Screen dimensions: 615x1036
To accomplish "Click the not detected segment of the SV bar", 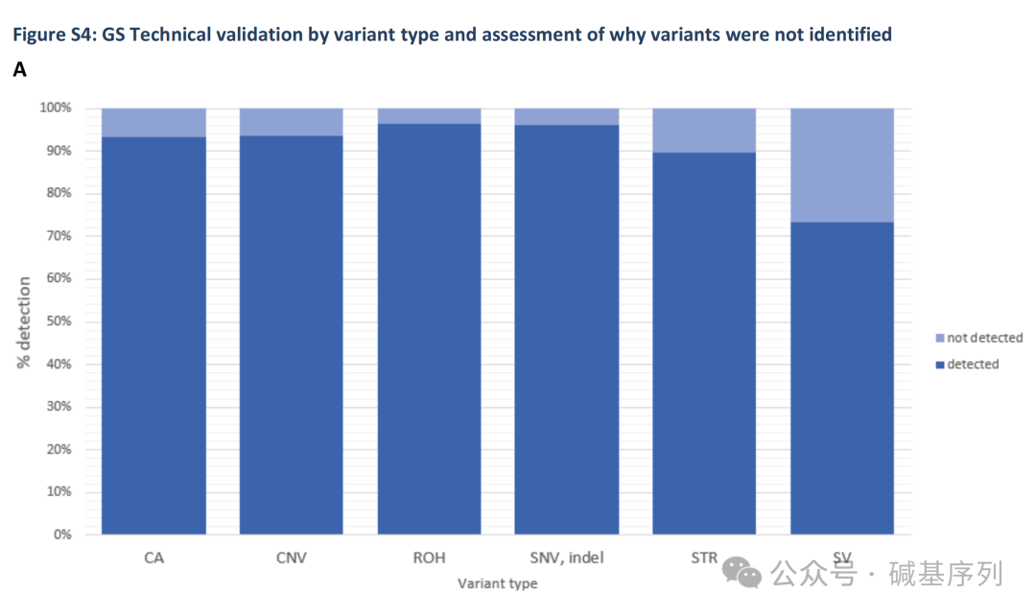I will pos(842,165).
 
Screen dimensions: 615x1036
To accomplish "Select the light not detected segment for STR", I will pos(704,130).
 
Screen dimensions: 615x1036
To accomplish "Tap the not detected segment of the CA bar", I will pos(153,123).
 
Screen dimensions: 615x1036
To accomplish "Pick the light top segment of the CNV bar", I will pos(292,122).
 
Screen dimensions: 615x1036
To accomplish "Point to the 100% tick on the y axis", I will pos(56,108).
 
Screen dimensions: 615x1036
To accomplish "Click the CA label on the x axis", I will pos(153,557).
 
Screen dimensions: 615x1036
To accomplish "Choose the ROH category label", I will pos(430,557).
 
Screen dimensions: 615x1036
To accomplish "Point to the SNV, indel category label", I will pos(567,557).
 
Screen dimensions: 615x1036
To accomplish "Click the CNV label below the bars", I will pos(292,557).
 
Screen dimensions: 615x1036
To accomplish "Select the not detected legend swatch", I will pos(940,339).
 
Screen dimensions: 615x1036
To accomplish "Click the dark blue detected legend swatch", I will pos(940,365).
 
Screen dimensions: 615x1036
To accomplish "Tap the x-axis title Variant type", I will pos(497,583).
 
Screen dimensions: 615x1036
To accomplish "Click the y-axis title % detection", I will pos(24,322).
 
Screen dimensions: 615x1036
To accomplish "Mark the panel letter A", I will pos(19,70).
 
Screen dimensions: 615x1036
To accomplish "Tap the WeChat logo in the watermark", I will pos(742,573).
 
